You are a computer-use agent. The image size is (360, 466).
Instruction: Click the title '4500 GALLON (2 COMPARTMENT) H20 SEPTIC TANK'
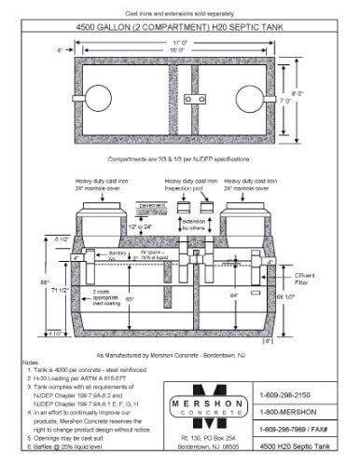click(x=178, y=25)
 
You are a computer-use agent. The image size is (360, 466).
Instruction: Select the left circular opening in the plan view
click(x=99, y=97)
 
